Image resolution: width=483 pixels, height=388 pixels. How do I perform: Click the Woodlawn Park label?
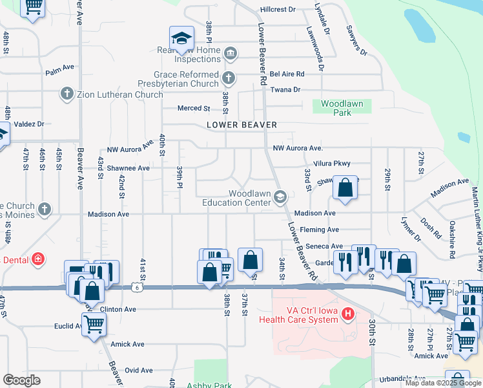pyautogui.click(x=342, y=108)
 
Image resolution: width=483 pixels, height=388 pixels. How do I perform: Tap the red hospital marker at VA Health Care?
pyautogui.click(x=349, y=315)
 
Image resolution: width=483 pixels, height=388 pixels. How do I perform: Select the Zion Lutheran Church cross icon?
pyautogui.click(x=67, y=94)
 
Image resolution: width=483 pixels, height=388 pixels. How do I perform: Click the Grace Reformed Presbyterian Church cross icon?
pyautogui.click(x=227, y=79)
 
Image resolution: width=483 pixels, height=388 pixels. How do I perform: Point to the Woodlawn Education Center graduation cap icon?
pyautogui.click(x=280, y=197)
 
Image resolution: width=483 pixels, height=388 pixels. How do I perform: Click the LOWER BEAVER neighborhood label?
pyautogui.click(x=241, y=125)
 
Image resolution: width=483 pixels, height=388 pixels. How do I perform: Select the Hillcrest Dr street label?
pyautogui.click(x=278, y=10)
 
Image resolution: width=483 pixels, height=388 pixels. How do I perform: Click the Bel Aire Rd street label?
pyautogui.click(x=287, y=74)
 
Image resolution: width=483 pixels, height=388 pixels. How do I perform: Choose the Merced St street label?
pyautogui.click(x=194, y=108)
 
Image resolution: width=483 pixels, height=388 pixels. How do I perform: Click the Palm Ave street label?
pyautogui.click(x=60, y=72)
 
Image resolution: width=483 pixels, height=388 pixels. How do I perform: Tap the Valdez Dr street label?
pyautogui.click(x=28, y=124)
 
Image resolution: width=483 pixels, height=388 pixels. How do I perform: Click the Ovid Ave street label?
pyautogui.click(x=139, y=371)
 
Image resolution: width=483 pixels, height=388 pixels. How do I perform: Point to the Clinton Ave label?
pyautogui.click(x=118, y=310)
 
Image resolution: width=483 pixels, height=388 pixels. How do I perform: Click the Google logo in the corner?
pyautogui.click(x=21, y=380)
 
